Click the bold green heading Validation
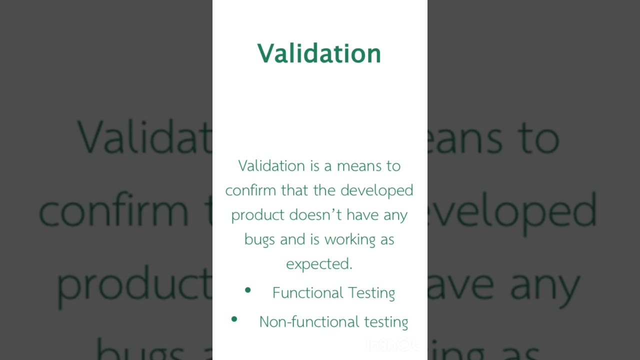[319, 53]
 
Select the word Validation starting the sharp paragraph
[271, 166]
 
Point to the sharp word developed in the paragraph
[376, 190]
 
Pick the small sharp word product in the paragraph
[257, 215]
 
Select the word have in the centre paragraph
[362, 215]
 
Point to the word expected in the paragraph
[319, 264]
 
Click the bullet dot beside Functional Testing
[247, 290]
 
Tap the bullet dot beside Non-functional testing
[234, 318]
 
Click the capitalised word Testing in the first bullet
[371, 293]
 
